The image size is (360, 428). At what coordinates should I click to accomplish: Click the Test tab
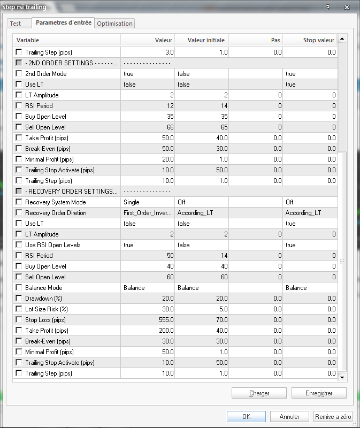[16, 24]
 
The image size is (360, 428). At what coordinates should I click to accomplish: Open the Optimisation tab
[114, 24]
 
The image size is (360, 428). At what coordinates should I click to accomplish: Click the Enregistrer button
[319, 393]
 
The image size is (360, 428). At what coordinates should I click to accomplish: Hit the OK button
[246, 416]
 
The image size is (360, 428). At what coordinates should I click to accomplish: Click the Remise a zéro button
[333, 416]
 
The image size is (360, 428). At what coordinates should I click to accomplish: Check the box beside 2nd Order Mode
[19, 74]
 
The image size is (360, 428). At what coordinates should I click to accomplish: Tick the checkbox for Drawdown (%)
[19, 299]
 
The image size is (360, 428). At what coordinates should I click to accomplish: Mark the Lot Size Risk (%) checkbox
[19, 309]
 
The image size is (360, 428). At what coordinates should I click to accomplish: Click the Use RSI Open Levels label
[52, 245]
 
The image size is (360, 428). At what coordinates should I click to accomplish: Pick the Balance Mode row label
[44, 288]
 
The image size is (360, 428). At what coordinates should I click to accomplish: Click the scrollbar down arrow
[342, 377]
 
